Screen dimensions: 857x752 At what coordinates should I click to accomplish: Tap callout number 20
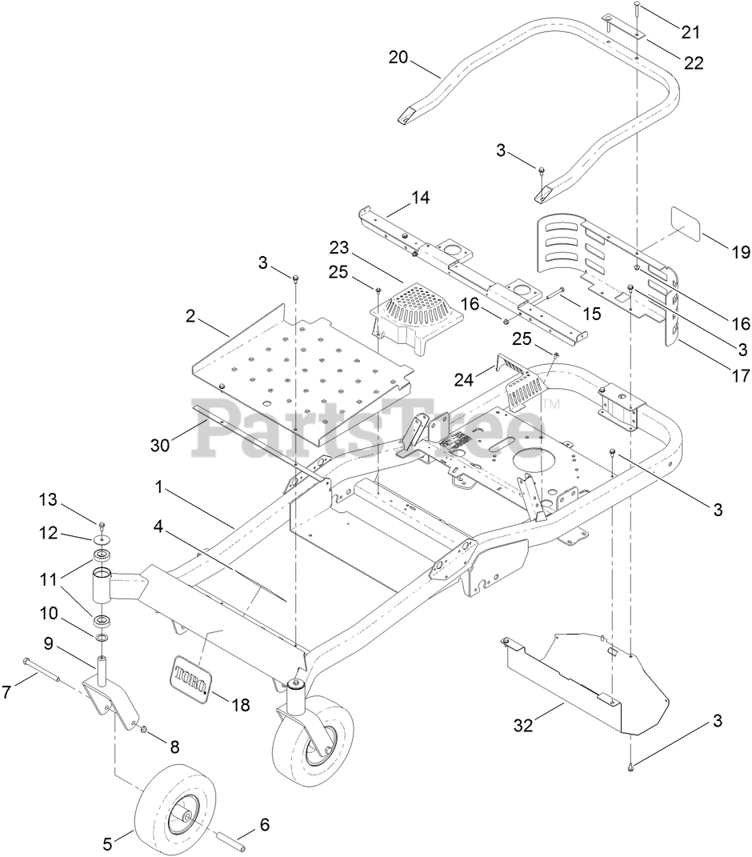click(398, 58)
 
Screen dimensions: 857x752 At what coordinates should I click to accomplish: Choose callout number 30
click(160, 445)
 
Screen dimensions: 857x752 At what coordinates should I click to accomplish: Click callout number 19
click(740, 253)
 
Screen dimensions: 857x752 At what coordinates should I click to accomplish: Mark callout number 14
click(420, 198)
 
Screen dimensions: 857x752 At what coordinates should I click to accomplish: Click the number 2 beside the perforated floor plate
click(190, 315)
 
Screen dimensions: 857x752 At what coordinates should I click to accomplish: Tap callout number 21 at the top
click(690, 32)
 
